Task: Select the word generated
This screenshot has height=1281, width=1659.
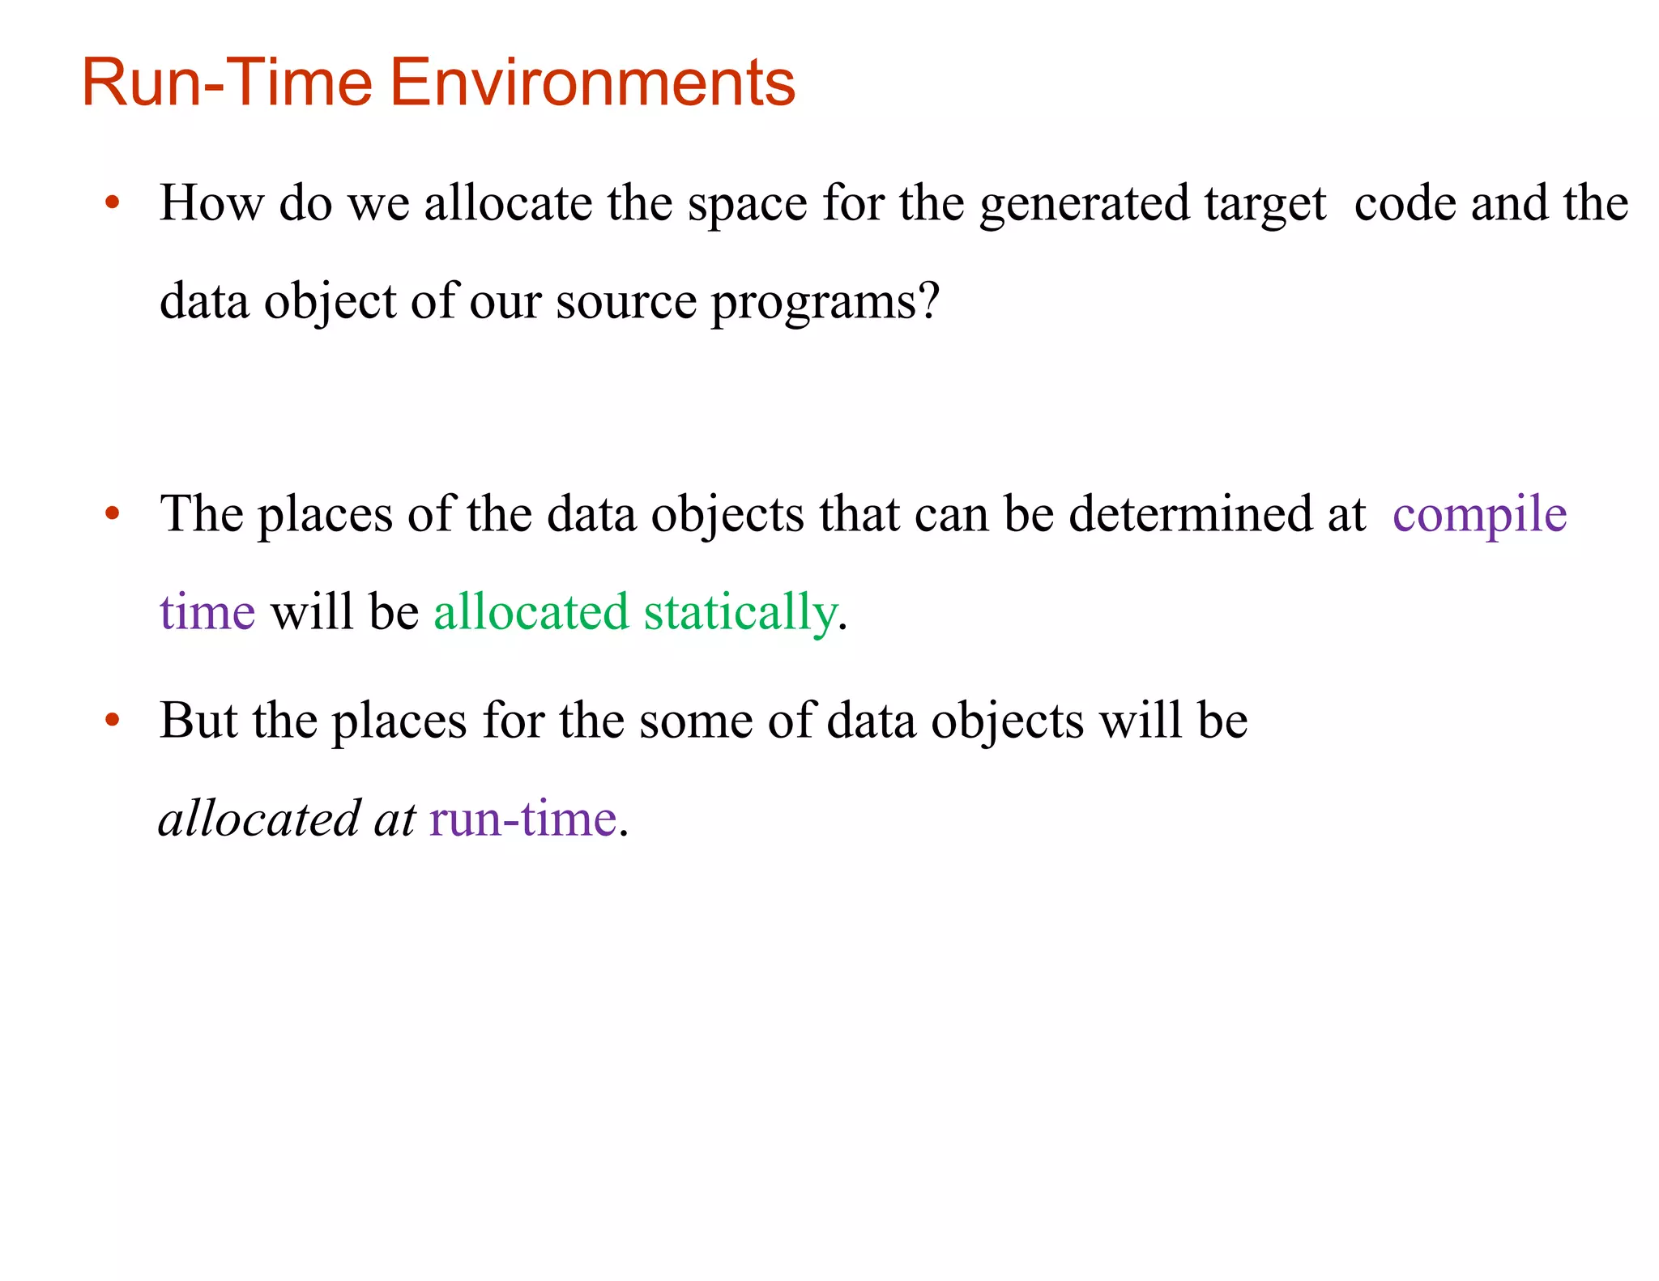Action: click(1084, 204)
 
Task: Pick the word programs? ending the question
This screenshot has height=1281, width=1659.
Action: click(825, 303)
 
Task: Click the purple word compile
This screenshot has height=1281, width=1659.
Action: click(1479, 515)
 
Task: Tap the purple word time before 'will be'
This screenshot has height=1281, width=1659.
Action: click(207, 612)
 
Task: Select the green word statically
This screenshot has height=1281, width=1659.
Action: click(740, 613)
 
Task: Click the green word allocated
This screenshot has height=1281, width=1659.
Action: click(531, 612)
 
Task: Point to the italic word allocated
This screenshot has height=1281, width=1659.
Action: click(259, 819)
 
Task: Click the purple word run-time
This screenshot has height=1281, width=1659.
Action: click(523, 819)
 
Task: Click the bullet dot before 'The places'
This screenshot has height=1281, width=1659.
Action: click(113, 513)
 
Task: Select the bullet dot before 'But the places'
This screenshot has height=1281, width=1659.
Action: click(113, 720)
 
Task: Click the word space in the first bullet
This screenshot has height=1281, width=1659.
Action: click(747, 204)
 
